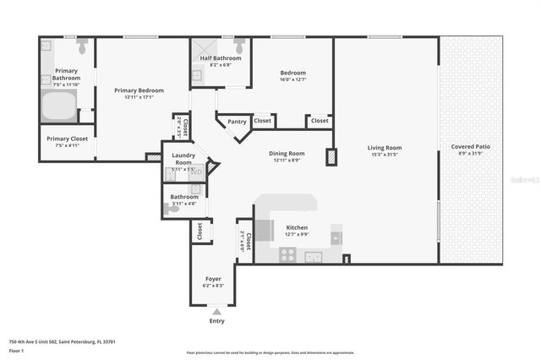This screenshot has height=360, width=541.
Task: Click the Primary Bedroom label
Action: click(139, 90)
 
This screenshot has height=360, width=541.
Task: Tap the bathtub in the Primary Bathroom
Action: click(58, 106)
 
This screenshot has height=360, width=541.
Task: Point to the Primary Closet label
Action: click(67, 139)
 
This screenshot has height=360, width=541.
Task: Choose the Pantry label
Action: click(238, 122)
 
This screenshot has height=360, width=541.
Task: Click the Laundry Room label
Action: click(183, 158)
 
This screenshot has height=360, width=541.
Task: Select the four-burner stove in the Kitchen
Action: click(288, 254)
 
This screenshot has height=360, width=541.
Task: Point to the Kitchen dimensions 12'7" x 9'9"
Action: click(296, 235)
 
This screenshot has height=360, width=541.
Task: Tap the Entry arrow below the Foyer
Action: click(216, 313)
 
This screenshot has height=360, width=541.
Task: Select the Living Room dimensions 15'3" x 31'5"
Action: click(385, 155)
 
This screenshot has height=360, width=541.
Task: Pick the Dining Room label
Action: click(287, 153)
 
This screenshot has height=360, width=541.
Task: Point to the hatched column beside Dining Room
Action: click(331, 157)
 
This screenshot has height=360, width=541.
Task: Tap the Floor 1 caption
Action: click(15, 350)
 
